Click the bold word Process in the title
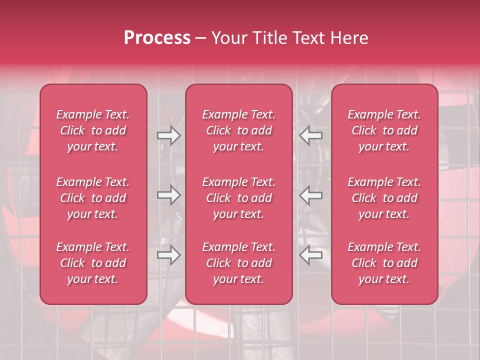157,38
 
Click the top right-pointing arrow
168,135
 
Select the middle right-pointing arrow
168,195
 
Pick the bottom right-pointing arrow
168,255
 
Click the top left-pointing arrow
311,135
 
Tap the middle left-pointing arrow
311,195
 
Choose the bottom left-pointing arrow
311,255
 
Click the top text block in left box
93,130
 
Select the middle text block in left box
93,198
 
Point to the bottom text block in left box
93,263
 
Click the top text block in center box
239,130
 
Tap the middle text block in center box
239,198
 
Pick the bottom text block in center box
239,263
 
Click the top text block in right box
384,130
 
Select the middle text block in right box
384,198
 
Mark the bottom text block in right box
384,263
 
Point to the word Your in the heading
229,38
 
